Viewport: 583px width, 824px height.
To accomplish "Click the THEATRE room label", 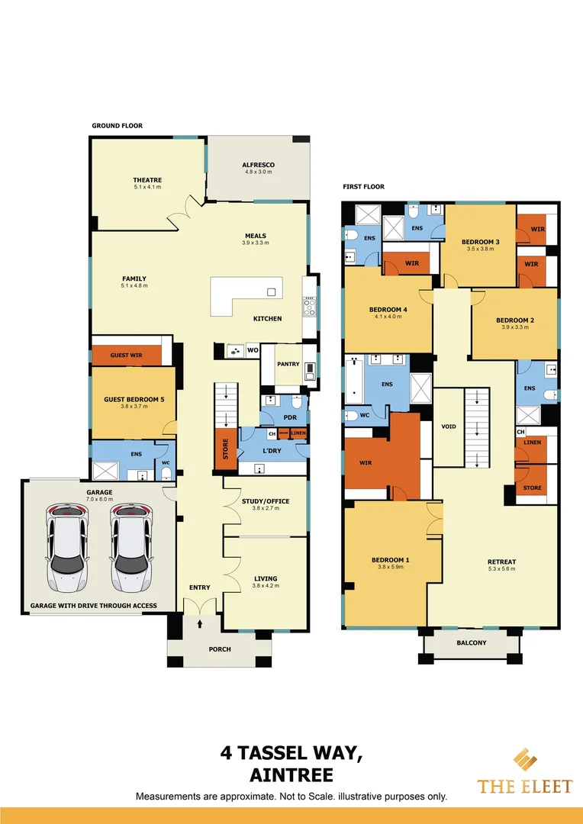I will (x=148, y=180).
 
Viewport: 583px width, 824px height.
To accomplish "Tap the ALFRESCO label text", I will (x=258, y=165).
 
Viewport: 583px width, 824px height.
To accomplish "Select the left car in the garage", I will (x=66, y=547).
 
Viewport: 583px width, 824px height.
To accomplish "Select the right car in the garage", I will (x=130, y=547).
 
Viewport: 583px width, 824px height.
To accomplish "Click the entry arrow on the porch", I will (x=200, y=624).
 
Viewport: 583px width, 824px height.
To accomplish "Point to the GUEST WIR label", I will (x=126, y=356).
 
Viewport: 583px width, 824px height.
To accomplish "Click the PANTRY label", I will (x=288, y=364).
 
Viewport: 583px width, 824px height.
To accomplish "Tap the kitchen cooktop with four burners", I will (x=310, y=306).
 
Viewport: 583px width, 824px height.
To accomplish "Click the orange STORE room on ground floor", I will (x=225, y=449).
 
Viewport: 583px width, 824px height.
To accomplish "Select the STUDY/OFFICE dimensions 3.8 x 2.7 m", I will (x=266, y=508).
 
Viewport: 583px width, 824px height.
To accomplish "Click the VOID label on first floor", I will (x=449, y=426).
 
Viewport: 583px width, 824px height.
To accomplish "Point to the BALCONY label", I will (x=472, y=642).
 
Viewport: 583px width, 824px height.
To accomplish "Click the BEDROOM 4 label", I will (x=388, y=309).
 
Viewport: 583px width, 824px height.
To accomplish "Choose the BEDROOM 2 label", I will (x=514, y=320).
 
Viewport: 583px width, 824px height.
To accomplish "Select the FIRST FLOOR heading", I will (x=363, y=187).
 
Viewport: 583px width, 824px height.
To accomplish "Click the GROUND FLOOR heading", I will (x=117, y=126).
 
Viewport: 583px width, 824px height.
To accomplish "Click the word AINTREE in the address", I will (x=291, y=775).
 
